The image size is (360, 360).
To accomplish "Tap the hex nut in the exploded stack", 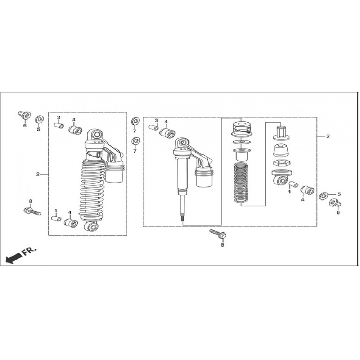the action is click(x=280, y=163).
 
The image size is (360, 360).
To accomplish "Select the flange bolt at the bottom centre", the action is click(x=218, y=234).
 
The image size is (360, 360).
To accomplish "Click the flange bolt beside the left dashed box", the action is click(x=32, y=211).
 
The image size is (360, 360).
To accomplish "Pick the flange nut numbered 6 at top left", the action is click(x=24, y=115).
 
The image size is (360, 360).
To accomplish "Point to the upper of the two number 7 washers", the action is click(x=135, y=121).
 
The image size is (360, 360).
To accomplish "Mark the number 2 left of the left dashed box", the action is click(x=38, y=174).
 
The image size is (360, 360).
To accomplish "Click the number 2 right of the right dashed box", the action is click(x=328, y=136).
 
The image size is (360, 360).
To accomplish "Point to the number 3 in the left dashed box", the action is click(x=59, y=118).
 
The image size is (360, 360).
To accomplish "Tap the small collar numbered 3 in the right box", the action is click(x=153, y=127).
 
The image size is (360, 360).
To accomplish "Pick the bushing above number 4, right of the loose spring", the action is click(x=307, y=190).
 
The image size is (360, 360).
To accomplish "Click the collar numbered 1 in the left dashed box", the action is click(x=56, y=219).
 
